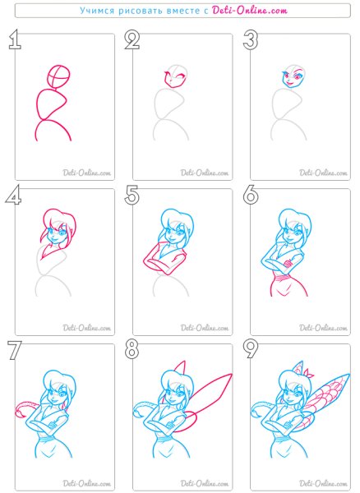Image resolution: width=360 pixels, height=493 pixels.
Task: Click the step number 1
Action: point(15,40)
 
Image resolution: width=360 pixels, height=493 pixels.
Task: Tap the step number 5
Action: point(132,196)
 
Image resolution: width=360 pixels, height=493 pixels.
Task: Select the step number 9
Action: point(251,350)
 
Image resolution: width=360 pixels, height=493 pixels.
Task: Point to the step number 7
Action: point(14,350)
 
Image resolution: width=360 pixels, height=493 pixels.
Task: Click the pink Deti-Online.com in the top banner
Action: point(249,11)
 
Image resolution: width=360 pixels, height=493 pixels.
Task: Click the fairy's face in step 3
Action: point(293,79)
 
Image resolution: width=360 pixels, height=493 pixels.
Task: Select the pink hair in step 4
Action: point(58,220)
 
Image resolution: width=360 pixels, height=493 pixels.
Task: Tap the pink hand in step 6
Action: point(288,263)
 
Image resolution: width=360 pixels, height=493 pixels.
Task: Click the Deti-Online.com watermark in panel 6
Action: point(323,328)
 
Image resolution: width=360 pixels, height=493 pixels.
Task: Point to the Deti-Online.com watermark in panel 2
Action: point(205,173)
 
